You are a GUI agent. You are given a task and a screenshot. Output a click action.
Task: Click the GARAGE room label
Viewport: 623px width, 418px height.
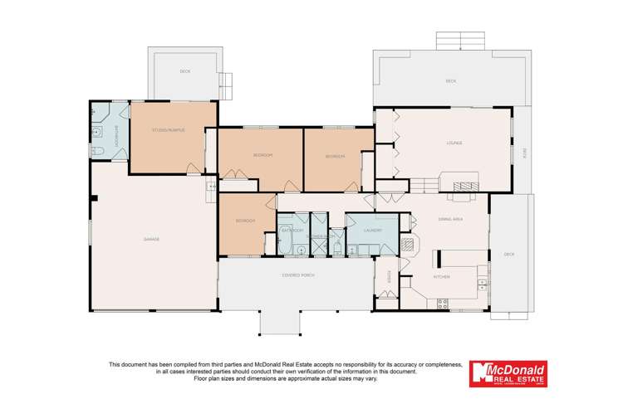coord(151,239)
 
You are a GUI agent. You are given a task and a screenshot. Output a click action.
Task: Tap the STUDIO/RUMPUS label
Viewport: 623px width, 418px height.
coord(169,130)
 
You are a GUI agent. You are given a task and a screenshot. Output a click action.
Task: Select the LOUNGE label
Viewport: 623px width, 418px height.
coord(454,143)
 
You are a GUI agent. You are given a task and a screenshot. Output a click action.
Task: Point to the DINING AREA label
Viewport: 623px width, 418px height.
coord(449,219)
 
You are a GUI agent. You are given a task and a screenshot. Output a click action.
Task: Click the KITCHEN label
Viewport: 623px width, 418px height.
coord(441,277)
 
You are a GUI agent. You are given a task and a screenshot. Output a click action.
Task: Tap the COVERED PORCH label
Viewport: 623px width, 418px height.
coord(297,275)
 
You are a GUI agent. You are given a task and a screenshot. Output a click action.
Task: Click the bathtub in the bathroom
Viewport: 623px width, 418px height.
coord(287,248)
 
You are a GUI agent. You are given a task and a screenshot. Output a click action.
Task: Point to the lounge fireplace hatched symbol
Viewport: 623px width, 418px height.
coord(465,185)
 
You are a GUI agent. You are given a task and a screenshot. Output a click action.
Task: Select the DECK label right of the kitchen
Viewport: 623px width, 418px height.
coord(509,254)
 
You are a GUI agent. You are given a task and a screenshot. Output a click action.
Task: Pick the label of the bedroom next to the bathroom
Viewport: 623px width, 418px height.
coord(244,221)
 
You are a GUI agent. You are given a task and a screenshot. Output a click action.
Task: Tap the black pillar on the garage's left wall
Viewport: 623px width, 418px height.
coord(96,198)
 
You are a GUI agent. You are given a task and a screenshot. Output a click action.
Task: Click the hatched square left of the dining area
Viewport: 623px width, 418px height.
coord(406,245)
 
